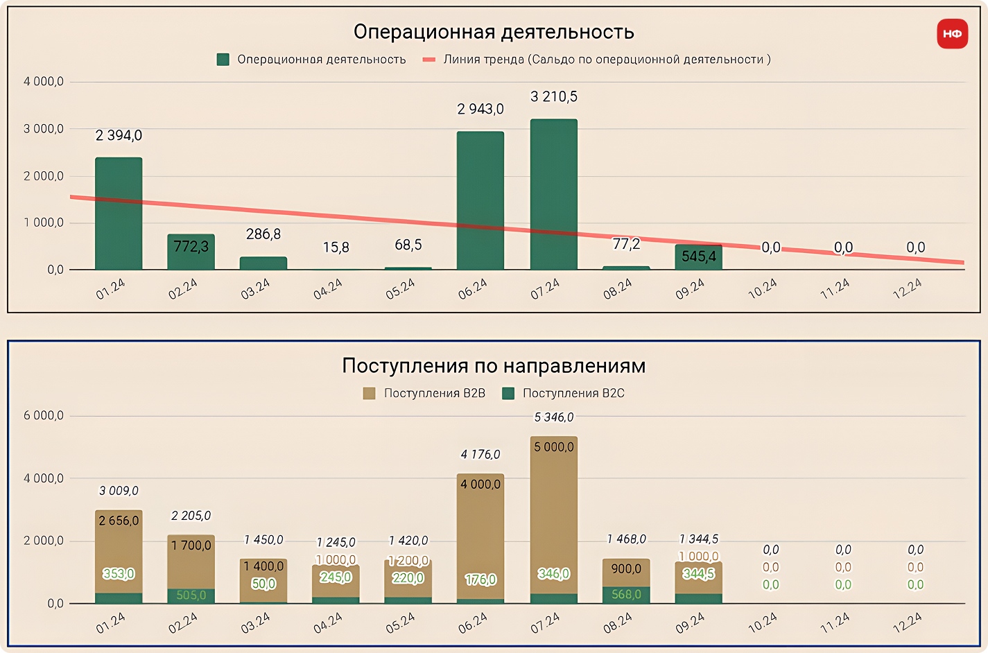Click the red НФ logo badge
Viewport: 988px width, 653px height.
[952, 33]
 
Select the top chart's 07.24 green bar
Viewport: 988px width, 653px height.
[553, 194]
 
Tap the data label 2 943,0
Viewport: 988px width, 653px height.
[480, 109]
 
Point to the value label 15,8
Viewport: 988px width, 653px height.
[336, 247]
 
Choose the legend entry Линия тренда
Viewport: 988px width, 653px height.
[597, 60]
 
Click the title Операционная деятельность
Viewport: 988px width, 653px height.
[494, 32]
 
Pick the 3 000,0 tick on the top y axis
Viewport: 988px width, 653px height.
[44, 129]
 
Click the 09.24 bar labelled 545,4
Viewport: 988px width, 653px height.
[698, 256]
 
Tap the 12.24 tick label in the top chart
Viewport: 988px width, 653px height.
[907, 288]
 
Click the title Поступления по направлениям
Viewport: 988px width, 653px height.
[494, 366]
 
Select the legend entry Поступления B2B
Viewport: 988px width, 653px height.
[424, 393]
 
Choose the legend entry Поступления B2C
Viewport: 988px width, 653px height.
[564, 393]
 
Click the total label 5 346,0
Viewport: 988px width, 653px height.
[554, 417]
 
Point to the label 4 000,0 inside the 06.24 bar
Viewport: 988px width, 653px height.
[480, 485]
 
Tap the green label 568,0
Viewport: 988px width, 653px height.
[626, 595]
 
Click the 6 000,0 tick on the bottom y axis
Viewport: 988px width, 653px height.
[44, 416]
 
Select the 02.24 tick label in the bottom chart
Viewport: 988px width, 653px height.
[183, 622]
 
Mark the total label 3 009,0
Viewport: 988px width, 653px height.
[119, 491]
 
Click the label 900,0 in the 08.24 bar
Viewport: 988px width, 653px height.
[626, 568]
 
